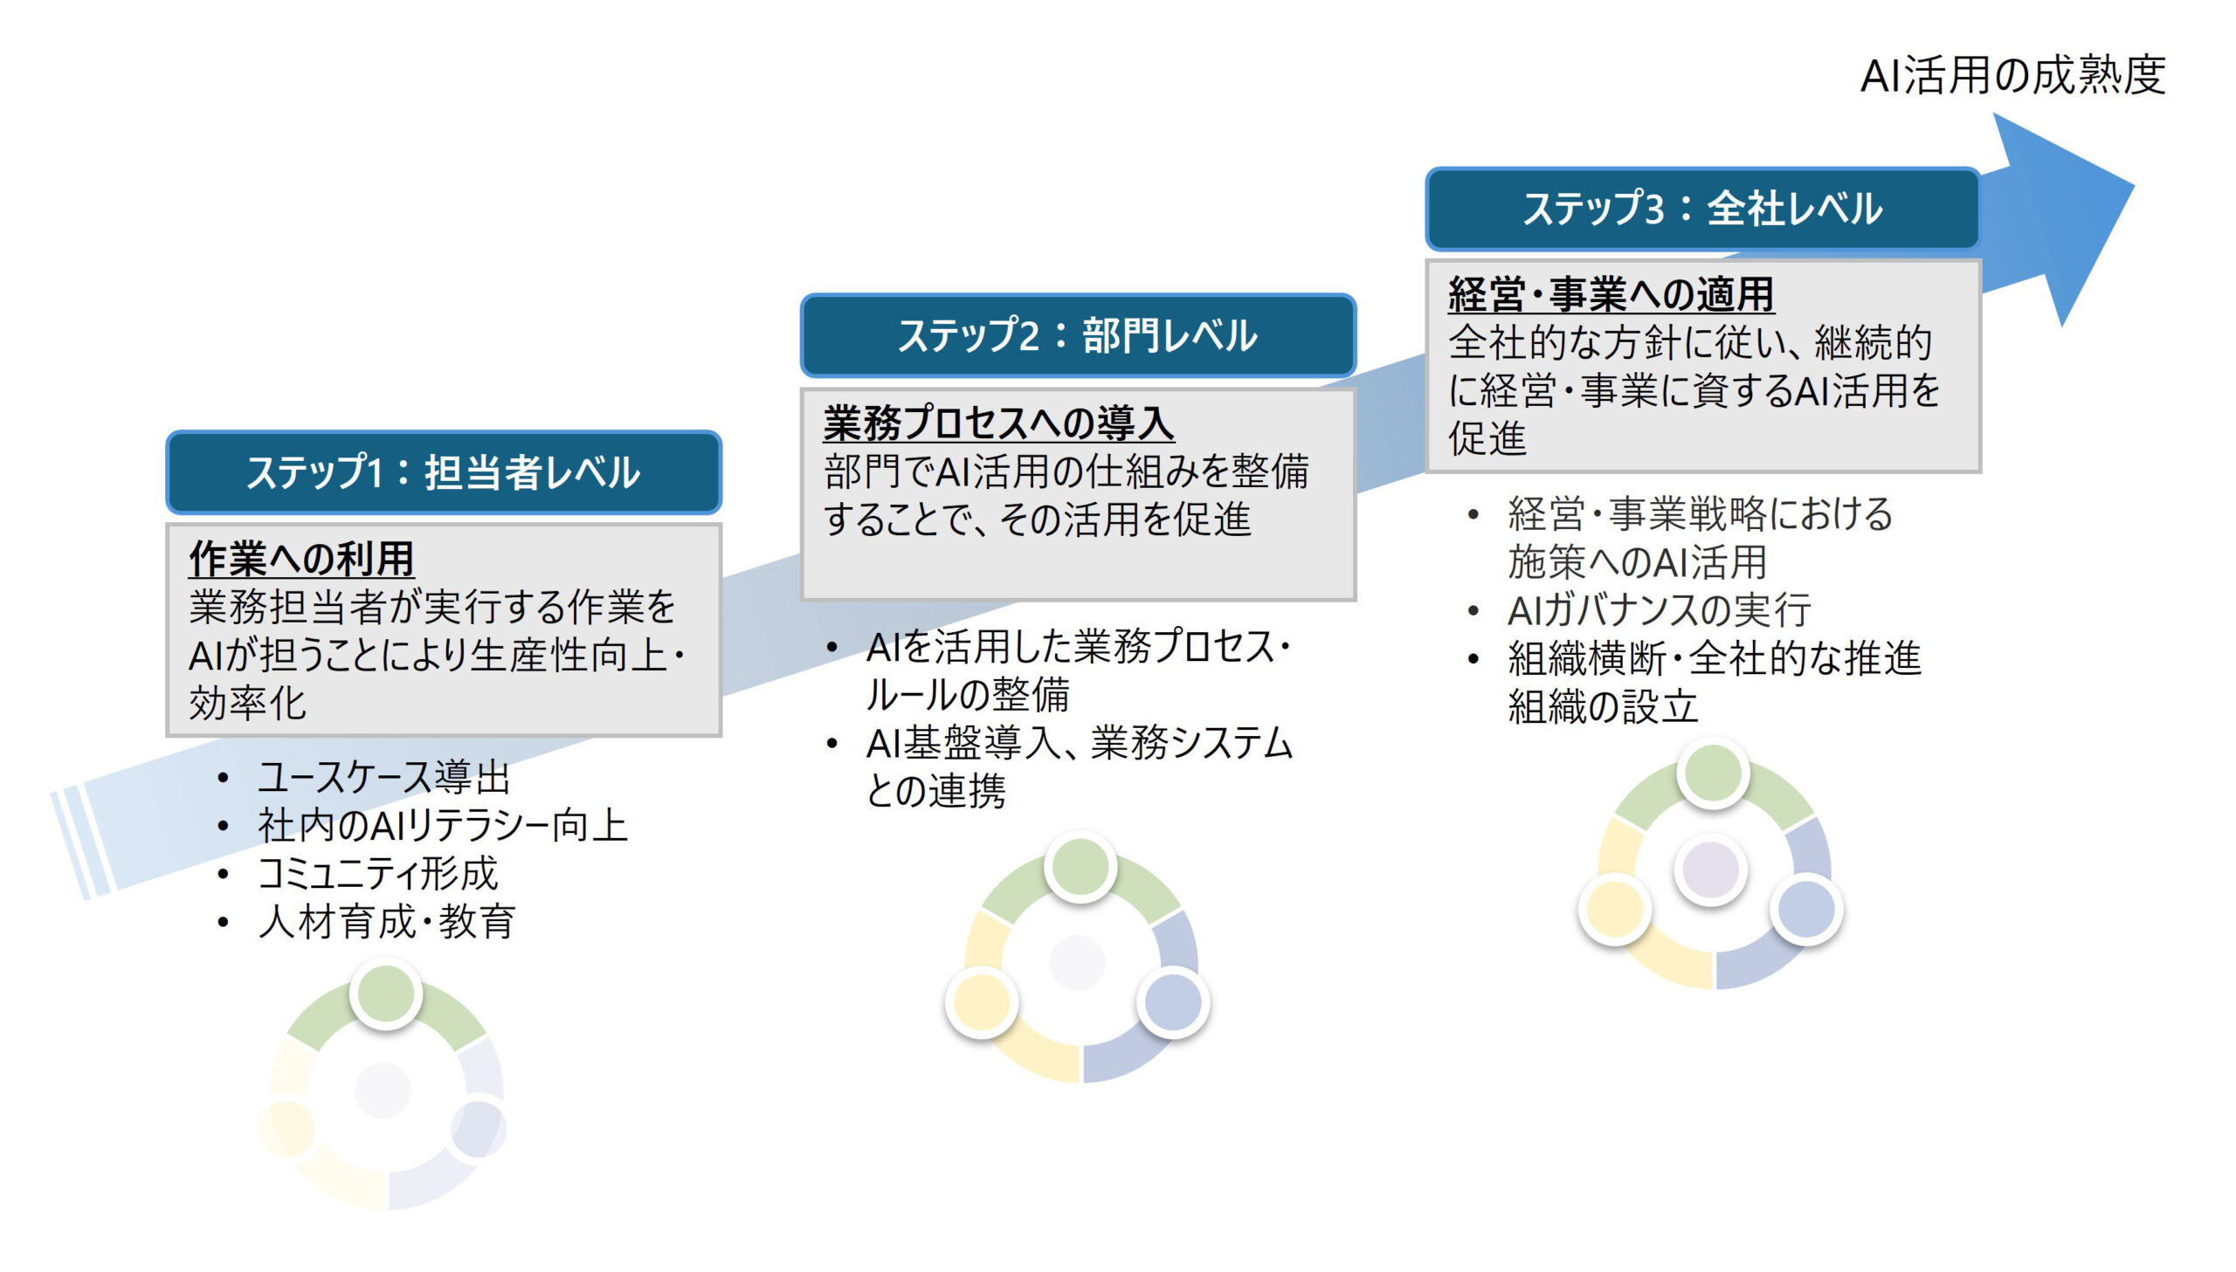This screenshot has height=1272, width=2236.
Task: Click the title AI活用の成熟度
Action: coord(2012,75)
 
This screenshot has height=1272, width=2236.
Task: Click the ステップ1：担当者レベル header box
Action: coord(444,471)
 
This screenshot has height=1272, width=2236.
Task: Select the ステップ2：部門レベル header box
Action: coord(1078,335)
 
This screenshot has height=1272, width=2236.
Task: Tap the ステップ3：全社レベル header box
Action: coord(1703,209)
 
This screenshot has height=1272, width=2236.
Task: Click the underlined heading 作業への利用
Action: coord(301,559)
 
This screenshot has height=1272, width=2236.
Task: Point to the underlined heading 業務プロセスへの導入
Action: coord(998,423)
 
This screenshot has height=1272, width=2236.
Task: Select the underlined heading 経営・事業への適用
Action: coord(1611,293)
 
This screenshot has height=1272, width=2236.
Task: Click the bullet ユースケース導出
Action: coord(384,777)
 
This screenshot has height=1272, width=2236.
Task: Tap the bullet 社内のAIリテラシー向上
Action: coord(443,825)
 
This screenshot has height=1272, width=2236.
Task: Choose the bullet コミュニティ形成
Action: coord(378,873)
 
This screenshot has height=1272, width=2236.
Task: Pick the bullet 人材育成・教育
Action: coord(387,921)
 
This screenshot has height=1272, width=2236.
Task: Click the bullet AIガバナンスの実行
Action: coord(1660,608)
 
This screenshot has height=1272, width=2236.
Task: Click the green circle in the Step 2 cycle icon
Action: coord(1080,866)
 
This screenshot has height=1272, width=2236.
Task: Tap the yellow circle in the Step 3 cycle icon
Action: coord(1615,909)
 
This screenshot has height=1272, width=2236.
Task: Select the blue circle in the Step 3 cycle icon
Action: coord(1807,909)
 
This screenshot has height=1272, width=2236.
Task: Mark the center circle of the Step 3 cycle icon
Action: coord(1711,870)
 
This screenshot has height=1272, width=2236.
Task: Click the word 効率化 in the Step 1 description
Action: coord(248,704)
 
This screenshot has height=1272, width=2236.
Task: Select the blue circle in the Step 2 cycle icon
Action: coord(1174,1002)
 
